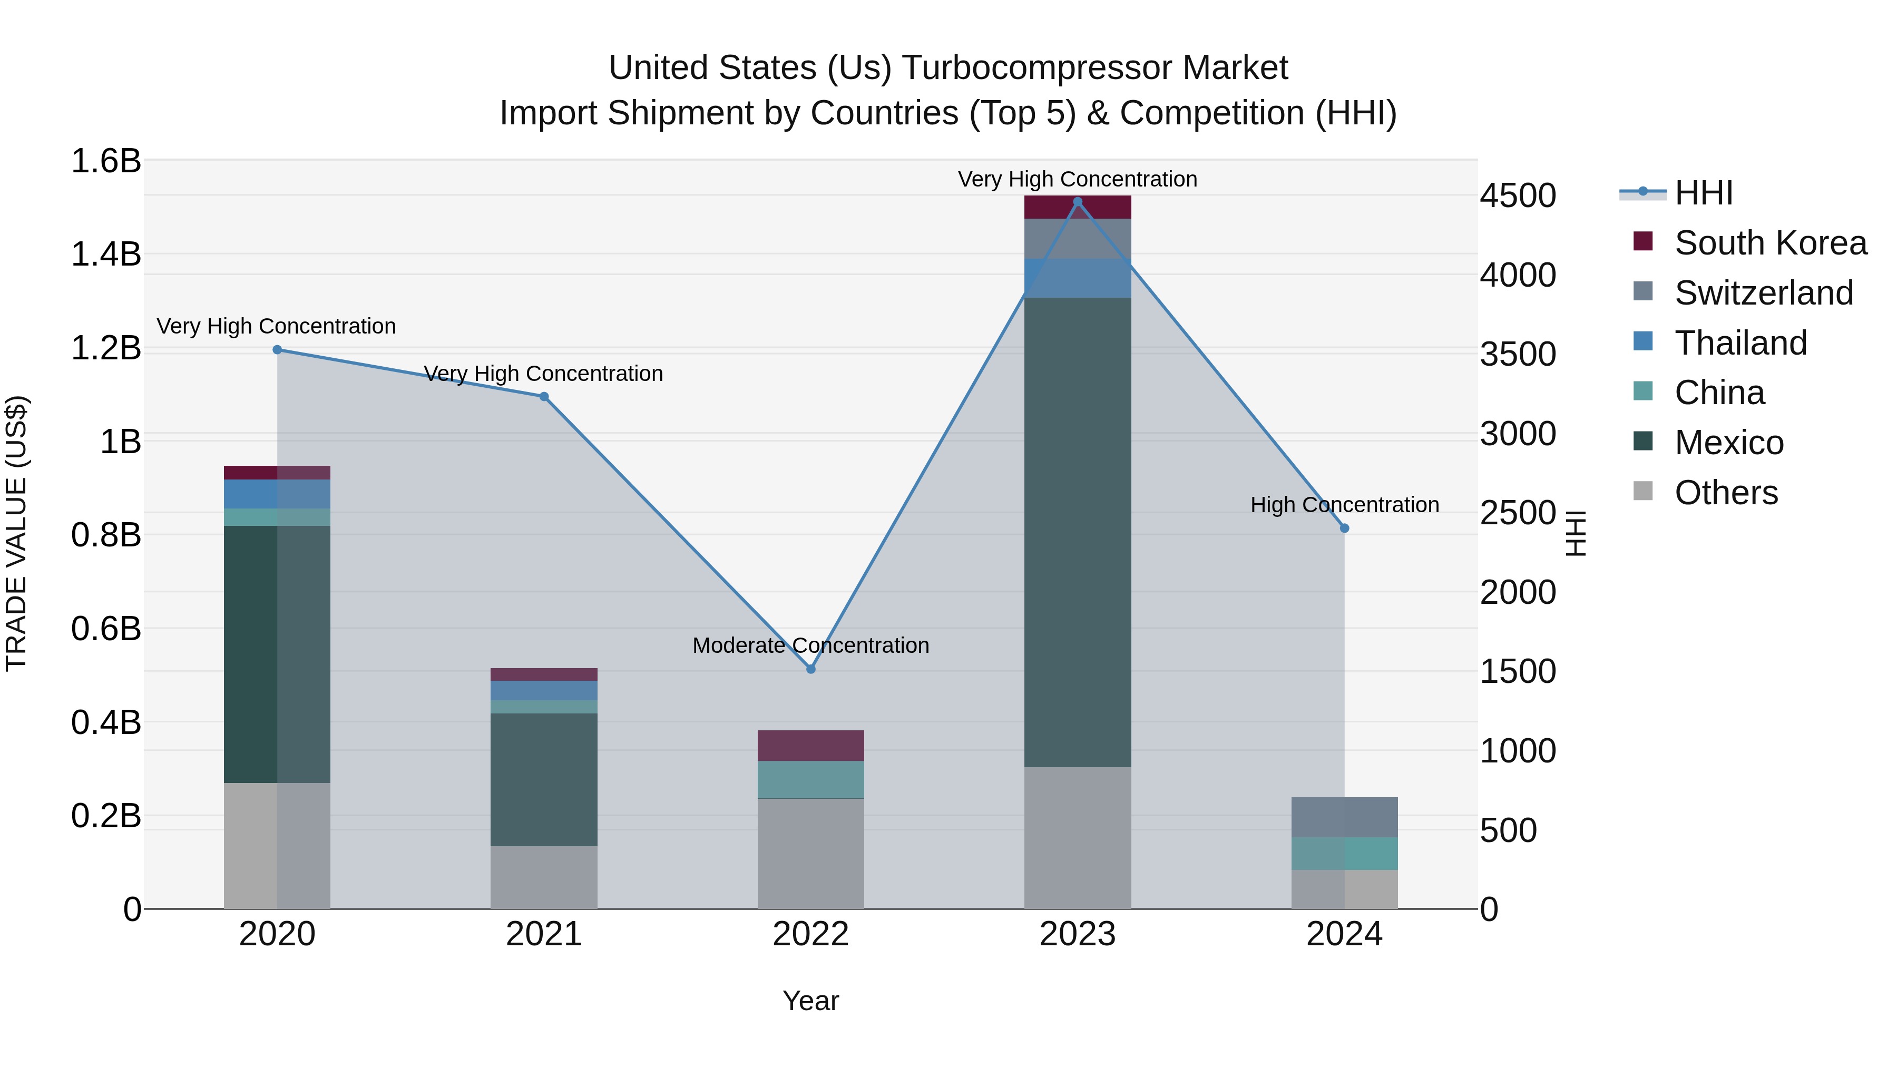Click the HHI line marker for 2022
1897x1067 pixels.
click(x=811, y=669)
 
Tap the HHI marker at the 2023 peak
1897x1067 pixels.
click(x=1078, y=202)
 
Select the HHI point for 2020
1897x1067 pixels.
click(x=277, y=350)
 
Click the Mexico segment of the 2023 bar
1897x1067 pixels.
click(x=1078, y=532)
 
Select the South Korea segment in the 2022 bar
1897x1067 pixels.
click(x=811, y=745)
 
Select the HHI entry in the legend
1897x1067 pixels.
click(x=1703, y=193)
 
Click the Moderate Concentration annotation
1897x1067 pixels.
click(x=811, y=645)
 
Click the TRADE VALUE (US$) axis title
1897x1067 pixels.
click(x=16, y=533)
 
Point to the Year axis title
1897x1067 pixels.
click(x=811, y=1001)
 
